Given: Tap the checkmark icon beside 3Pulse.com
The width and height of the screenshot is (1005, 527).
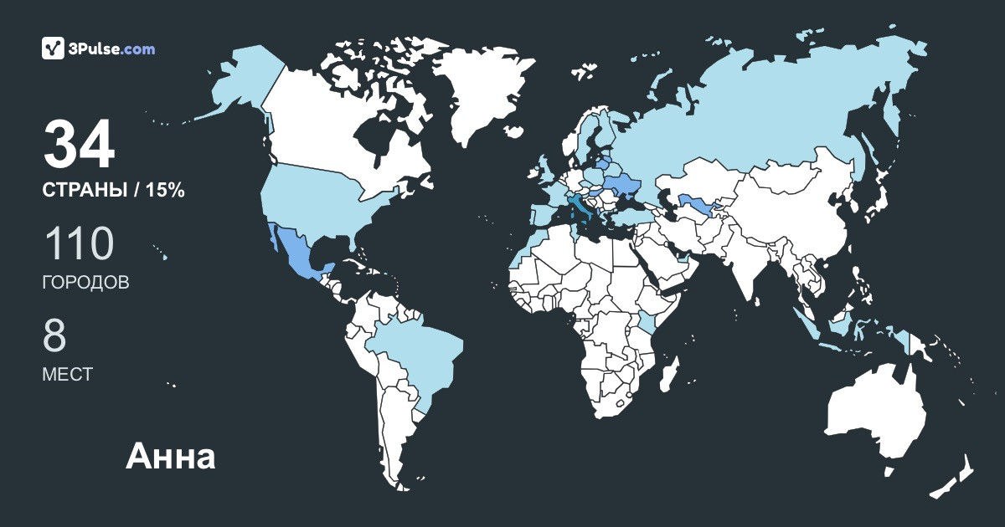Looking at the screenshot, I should pyautogui.click(x=54, y=49).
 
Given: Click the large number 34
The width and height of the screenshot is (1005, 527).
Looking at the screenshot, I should pyautogui.click(x=79, y=146).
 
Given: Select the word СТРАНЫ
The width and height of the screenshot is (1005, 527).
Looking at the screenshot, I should pyautogui.click(x=85, y=190).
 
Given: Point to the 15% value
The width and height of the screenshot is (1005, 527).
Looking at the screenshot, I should pyautogui.click(x=165, y=190).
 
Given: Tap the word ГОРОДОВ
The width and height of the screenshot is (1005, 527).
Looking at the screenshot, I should pyautogui.click(x=85, y=283).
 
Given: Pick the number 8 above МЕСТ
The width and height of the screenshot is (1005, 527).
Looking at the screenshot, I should pyautogui.click(x=54, y=336).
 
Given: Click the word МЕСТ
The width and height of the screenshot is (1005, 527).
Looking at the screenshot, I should pyautogui.click(x=67, y=375).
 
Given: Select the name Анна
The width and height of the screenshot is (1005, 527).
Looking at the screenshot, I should pyautogui.click(x=171, y=457).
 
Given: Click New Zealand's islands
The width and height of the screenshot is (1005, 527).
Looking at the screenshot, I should pyautogui.click(x=955, y=477).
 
